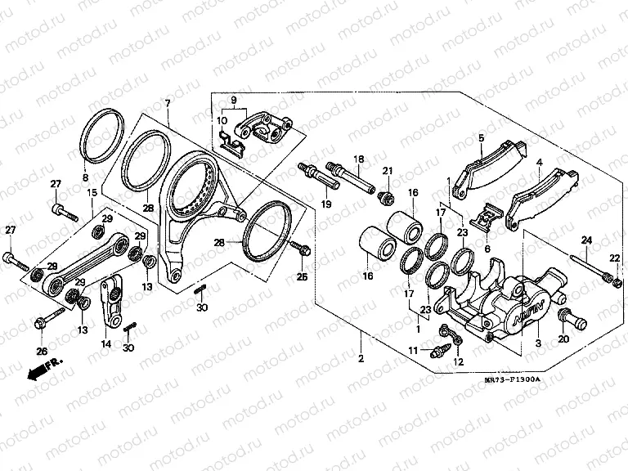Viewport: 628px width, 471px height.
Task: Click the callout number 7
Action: [168, 103]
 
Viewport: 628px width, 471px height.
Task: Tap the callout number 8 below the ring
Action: [84, 177]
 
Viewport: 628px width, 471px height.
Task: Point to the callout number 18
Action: [358, 158]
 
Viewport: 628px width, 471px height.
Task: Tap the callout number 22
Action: [615, 258]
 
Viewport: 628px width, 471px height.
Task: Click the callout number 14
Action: [105, 345]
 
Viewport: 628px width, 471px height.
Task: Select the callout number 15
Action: [92, 193]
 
